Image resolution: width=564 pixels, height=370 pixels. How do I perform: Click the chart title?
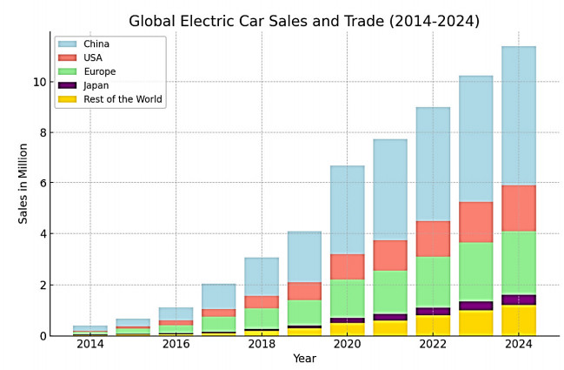coord(303,21)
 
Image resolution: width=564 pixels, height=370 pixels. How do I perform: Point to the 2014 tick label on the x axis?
coord(90,345)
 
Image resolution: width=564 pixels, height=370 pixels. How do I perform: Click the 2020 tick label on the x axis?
coord(347,345)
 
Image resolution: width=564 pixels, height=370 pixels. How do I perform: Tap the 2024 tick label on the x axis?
coord(519,345)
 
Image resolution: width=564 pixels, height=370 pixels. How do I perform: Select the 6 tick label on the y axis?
coord(39,184)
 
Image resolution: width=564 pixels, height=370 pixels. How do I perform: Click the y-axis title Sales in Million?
coord(23,184)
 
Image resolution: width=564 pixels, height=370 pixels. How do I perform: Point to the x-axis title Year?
coord(304,359)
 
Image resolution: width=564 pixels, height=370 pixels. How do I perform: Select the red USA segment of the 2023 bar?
coord(475,222)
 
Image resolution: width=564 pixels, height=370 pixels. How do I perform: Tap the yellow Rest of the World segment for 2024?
coord(519,320)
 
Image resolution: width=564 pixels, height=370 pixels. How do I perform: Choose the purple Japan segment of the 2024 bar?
coord(519,299)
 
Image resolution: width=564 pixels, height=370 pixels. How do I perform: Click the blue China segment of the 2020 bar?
coord(347,210)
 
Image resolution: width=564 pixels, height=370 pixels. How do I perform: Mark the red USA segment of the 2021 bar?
coord(390,255)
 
